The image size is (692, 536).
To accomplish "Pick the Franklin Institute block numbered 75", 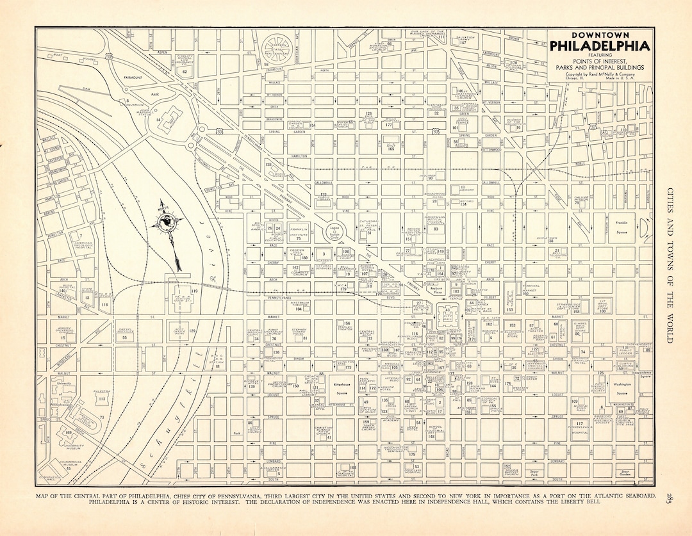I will (299, 234).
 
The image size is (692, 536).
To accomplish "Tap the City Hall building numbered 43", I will (447, 313).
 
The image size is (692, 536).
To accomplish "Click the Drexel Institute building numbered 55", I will (125, 335).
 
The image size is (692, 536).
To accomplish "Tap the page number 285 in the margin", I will (668, 497).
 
